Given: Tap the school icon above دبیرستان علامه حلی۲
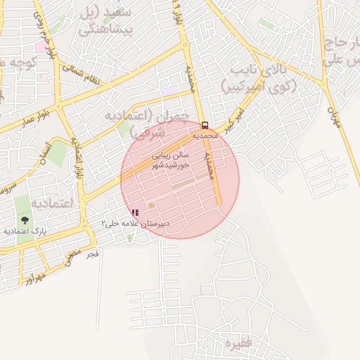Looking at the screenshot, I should (135, 212).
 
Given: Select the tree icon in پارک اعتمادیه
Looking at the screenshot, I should (25, 220).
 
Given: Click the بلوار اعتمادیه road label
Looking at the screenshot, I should (79, 158).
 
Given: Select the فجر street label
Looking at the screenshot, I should (92, 253).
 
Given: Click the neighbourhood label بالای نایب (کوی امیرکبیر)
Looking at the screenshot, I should (259, 77).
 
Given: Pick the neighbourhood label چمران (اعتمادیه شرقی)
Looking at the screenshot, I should (148, 123).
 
